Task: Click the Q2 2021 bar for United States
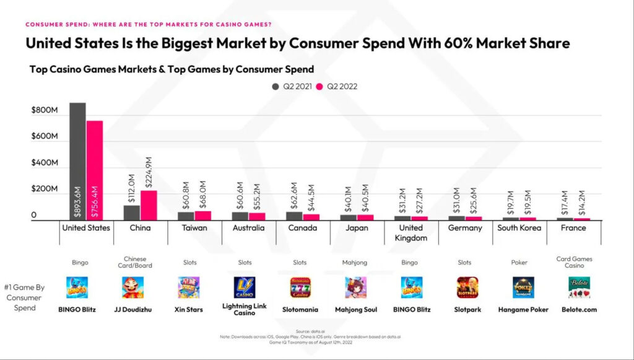click(x=77, y=161)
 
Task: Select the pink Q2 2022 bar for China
click(x=149, y=205)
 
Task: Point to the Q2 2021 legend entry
click(x=292, y=87)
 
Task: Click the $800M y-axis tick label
click(x=44, y=110)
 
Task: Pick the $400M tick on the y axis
click(x=44, y=163)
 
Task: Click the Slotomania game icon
click(x=300, y=288)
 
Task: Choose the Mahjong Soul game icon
click(x=355, y=288)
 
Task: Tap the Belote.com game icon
click(x=579, y=288)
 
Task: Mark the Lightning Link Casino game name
click(x=244, y=309)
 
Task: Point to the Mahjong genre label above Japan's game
click(x=355, y=263)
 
